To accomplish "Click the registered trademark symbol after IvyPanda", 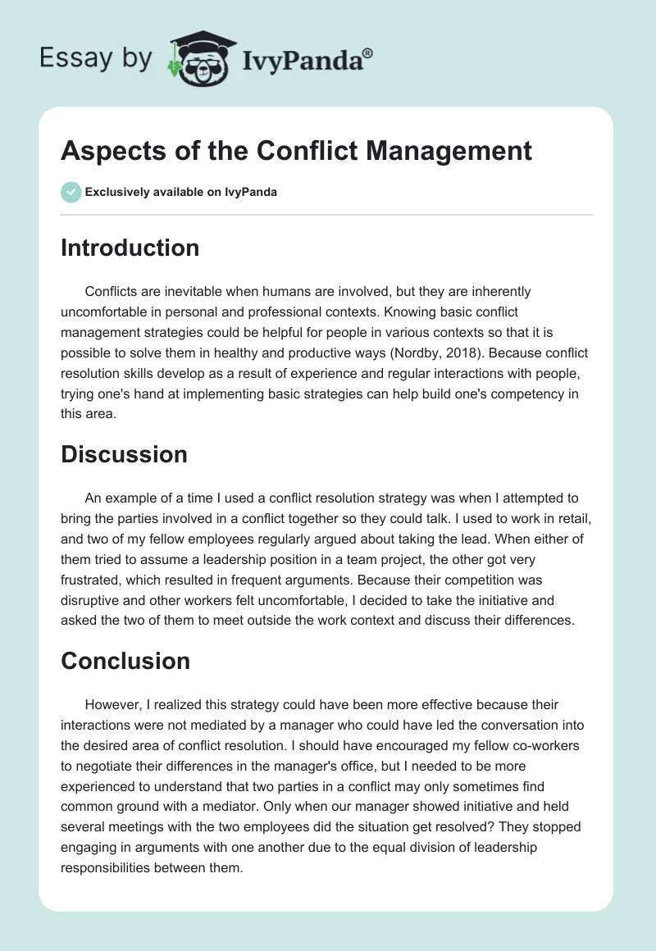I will coord(368,53).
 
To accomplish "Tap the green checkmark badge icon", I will coord(71,192).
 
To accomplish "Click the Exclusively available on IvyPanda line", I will coord(180,193).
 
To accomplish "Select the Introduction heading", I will coord(130,248).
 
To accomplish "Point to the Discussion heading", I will coord(124,454).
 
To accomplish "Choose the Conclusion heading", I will coord(125,661).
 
